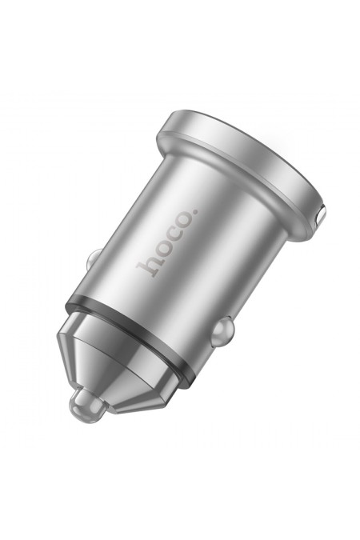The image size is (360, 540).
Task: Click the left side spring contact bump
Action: point(91,262)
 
